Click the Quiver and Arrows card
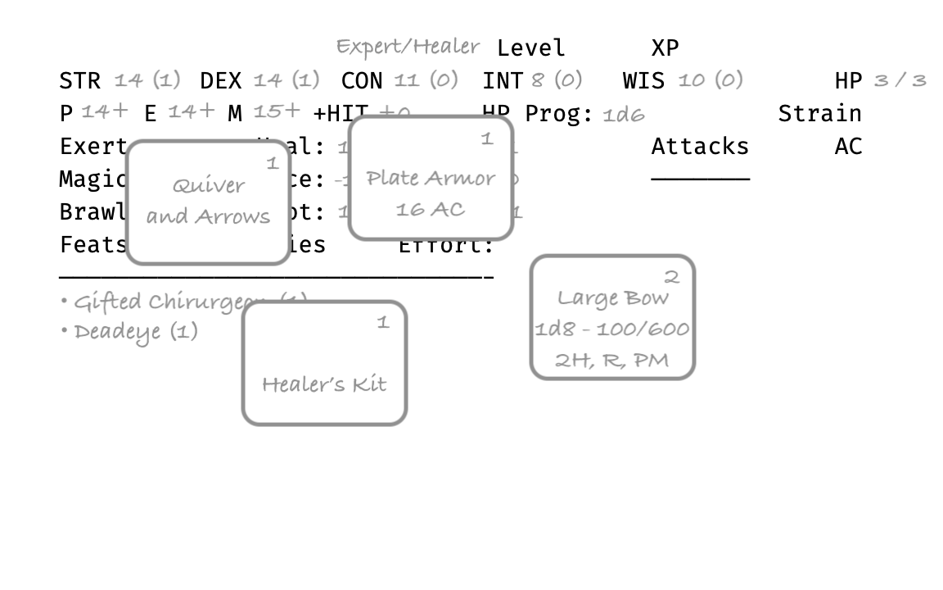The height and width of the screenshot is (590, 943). (209, 202)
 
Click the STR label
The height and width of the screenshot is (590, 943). (79, 80)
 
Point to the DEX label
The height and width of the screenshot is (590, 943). (220, 80)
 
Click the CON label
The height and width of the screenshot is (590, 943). (362, 80)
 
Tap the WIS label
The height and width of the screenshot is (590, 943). (643, 80)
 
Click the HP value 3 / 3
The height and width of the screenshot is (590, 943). (900, 80)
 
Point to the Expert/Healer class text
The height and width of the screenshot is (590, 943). (408, 46)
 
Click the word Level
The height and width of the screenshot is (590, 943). (530, 48)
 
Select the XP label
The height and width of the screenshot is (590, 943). (665, 48)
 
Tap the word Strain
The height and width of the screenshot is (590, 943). (819, 113)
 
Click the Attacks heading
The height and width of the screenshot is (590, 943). (700, 146)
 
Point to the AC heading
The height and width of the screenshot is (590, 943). (848, 146)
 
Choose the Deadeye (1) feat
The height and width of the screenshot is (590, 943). (135, 332)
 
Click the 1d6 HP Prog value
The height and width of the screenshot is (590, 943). (623, 114)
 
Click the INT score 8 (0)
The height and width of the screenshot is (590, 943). (557, 80)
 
